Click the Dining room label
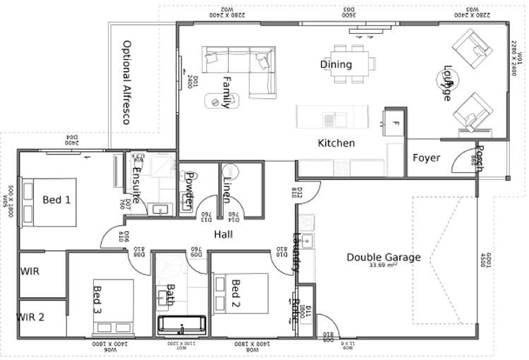pyautogui.click(x=335, y=65)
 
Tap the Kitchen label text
pyautogui.click(x=335, y=143)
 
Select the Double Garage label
pyautogui.click(x=383, y=257)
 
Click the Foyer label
pyautogui.click(x=426, y=157)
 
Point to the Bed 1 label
pyautogui.click(x=57, y=200)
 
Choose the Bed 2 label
pyautogui.click(x=236, y=294)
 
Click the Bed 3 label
pyautogui.click(x=97, y=299)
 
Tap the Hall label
pyautogui.click(x=223, y=234)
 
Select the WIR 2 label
pyautogui.click(x=31, y=317)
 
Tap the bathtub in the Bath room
pyautogui.click(x=182, y=325)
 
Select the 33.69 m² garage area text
pyautogui.click(x=384, y=266)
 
